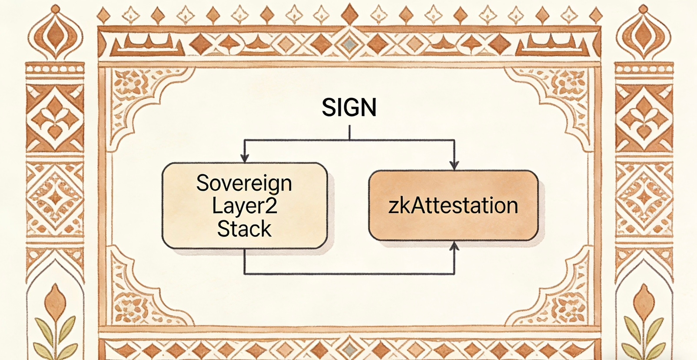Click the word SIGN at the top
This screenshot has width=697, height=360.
pyautogui.click(x=349, y=107)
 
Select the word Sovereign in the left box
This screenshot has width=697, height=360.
pyautogui.click(x=244, y=183)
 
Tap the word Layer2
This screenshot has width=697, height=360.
pyautogui.click(x=244, y=206)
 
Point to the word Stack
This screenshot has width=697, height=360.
pyautogui.click(x=244, y=229)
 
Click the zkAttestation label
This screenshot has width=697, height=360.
pyautogui.click(x=453, y=206)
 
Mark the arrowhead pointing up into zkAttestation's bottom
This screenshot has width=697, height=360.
pyautogui.click(x=454, y=247)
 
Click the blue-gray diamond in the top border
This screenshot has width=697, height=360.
pyautogui.click(x=349, y=43)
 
